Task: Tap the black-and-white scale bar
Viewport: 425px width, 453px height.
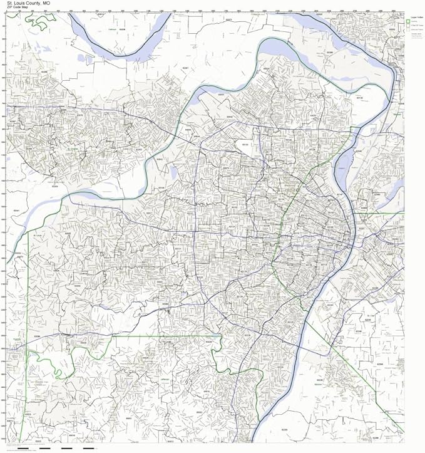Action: [x=56, y=449]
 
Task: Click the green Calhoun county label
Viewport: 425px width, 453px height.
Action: [x=113, y=29]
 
